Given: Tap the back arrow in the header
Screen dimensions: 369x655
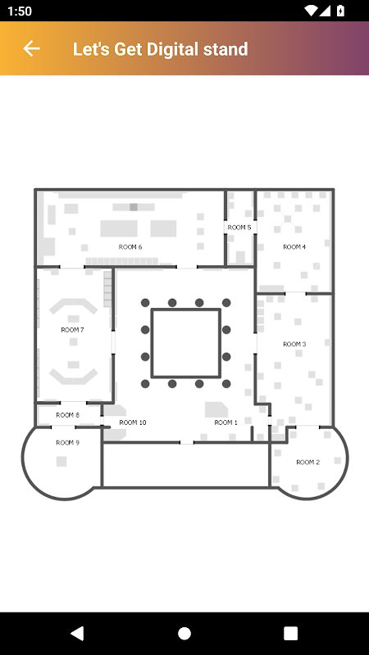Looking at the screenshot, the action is [31, 49].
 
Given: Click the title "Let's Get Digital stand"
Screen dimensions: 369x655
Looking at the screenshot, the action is [160, 49].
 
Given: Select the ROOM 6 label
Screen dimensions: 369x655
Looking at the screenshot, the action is [130, 247].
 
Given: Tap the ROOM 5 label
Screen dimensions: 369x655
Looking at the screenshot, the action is [239, 228].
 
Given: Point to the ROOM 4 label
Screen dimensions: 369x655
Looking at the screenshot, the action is [294, 247].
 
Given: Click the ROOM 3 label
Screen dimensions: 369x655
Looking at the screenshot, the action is [294, 344].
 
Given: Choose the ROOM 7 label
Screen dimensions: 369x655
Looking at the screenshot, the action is [72, 330].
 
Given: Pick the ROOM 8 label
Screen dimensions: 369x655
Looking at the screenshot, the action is [67, 415].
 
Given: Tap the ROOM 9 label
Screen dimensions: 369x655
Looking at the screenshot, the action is [67, 443].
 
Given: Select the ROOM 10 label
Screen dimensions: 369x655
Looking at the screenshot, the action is [133, 422].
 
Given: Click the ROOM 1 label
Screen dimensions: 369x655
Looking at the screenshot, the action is [226, 422].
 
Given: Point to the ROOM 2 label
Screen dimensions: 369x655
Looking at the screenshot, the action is [308, 462].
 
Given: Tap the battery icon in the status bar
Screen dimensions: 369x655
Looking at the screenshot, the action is [340, 11].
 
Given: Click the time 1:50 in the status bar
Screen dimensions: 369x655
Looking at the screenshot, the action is [20, 11].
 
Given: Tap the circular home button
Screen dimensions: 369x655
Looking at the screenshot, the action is [184, 633].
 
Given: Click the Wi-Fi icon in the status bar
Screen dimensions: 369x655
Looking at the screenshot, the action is [312, 11].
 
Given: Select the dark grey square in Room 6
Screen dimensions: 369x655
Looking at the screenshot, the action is [134, 207].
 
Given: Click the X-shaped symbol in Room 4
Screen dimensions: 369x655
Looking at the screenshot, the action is [288, 218].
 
